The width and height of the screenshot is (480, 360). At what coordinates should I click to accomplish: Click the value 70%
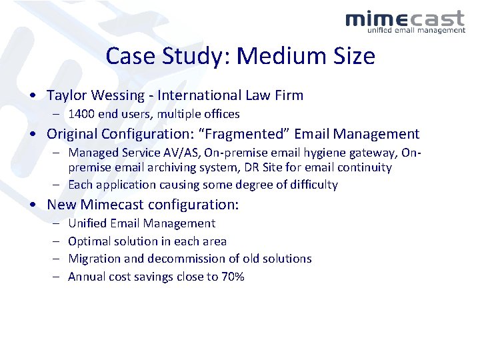231,277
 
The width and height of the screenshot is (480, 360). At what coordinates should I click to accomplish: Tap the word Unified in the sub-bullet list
88,223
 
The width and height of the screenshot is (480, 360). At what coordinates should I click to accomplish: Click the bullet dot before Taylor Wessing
33,96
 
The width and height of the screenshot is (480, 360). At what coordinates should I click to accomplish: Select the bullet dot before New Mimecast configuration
33,205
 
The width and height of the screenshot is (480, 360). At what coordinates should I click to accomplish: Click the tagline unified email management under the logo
417,30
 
